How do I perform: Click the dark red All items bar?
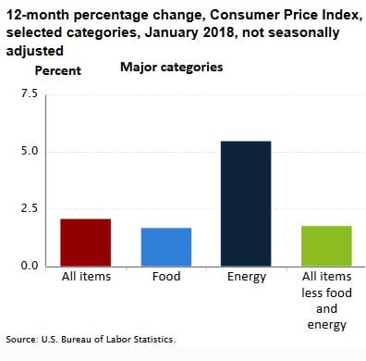85,243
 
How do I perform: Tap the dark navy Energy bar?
246,204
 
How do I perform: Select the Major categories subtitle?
171,68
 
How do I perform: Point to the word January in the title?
165,32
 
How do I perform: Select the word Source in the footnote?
22,340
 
